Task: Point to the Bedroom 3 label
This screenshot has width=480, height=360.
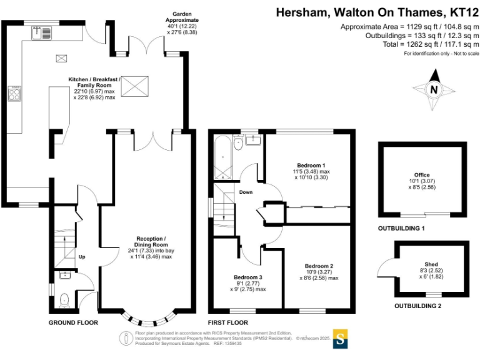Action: (248, 277)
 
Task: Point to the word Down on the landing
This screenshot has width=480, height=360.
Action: (246, 192)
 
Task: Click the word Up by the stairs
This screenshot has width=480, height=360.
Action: (81, 257)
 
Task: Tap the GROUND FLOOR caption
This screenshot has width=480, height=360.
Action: (74, 322)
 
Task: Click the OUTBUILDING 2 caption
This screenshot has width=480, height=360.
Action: (417, 306)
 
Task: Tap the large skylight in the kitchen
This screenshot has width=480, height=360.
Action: (135, 86)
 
